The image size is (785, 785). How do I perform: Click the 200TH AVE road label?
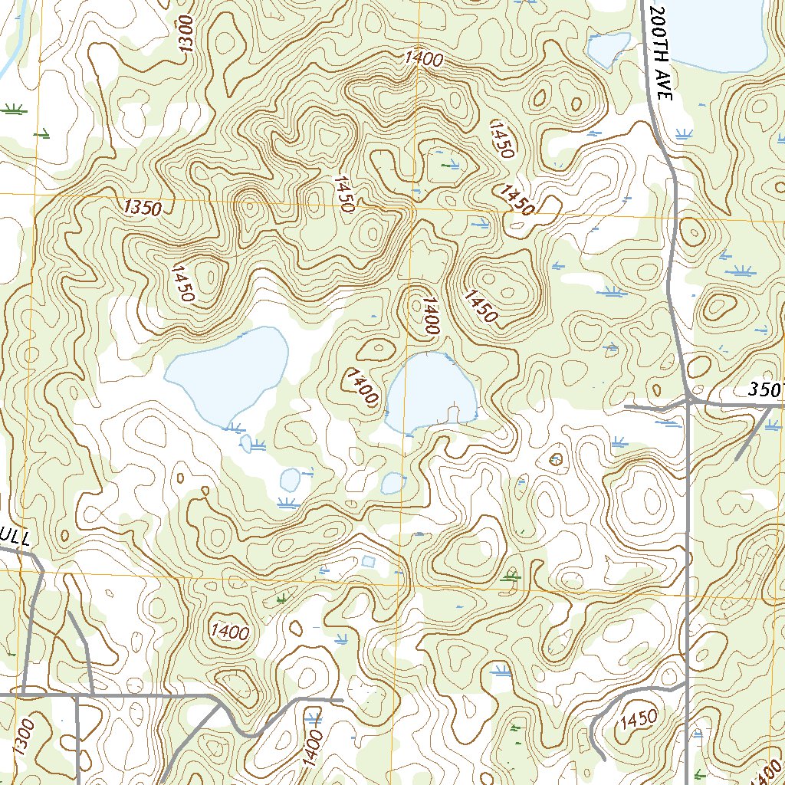coord(659,51)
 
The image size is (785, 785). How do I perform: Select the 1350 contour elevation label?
coord(143,207)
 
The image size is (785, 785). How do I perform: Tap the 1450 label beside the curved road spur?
coord(638,719)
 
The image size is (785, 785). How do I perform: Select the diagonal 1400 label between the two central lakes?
coord(362,386)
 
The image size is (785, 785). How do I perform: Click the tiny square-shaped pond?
coord(369,562)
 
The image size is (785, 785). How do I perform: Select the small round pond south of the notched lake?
coord(392,483)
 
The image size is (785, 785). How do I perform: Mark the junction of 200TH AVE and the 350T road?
coord(690,399)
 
